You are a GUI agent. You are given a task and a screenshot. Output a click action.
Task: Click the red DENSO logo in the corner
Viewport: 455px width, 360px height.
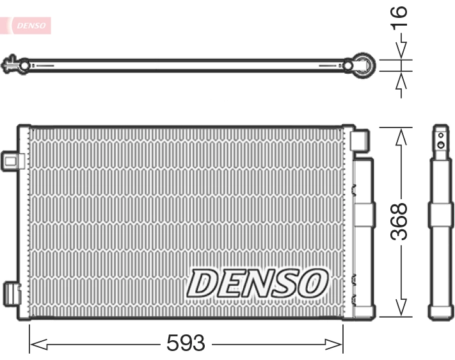tap(29, 26)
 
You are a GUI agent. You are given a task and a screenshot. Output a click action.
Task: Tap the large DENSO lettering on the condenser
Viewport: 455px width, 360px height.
tap(257, 282)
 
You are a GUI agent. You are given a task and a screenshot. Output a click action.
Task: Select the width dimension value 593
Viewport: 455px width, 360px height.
tap(186, 344)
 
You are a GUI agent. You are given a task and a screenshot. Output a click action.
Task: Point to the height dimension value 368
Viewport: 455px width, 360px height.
tap(400, 221)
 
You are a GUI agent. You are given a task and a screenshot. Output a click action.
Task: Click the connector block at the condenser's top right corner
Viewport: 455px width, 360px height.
tap(360, 139)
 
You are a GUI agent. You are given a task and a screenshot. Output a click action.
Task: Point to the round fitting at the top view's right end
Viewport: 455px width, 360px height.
tap(364, 65)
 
